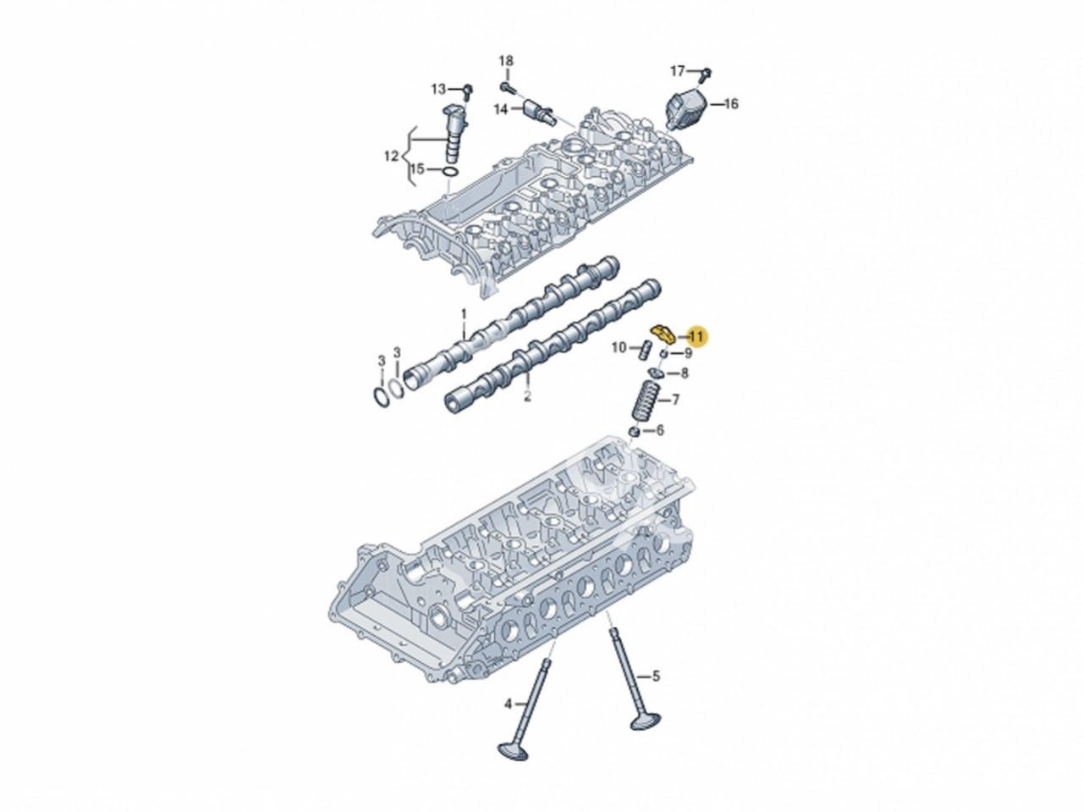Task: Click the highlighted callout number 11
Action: (697, 336)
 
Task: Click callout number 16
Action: (731, 104)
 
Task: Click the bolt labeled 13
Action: (466, 88)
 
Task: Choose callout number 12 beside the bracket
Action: (390, 156)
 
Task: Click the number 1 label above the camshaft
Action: (464, 314)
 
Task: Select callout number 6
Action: (659, 431)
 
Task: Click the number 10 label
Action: (618, 347)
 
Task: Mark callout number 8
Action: (684, 373)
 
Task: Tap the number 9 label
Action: (688, 353)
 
